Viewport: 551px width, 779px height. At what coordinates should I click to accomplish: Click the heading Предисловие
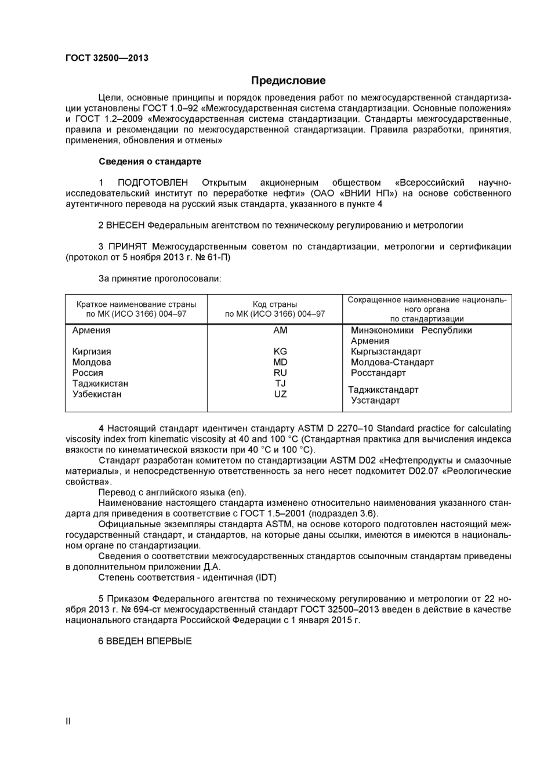[x=288, y=81]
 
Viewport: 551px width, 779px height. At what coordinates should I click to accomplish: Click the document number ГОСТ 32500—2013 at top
[x=107, y=58]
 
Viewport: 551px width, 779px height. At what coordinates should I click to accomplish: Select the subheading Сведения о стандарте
[x=150, y=161]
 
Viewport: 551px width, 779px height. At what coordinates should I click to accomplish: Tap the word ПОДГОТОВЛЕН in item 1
[x=153, y=183]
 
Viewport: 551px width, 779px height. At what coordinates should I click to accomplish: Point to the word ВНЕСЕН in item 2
[x=125, y=225]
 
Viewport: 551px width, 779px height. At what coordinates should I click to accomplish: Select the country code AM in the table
[x=280, y=330]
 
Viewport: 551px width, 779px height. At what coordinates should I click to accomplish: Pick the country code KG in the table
[x=280, y=352]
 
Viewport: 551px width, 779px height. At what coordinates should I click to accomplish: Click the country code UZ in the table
[x=280, y=394]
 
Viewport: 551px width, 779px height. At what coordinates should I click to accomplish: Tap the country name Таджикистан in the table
[x=100, y=383]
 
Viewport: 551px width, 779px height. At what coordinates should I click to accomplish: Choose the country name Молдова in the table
[x=92, y=362]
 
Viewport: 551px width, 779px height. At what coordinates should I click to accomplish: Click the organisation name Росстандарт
[x=378, y=372]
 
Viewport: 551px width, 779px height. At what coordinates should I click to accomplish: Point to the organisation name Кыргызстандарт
[x=386, y=352]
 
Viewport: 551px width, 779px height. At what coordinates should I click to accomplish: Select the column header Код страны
[x=275, y=304]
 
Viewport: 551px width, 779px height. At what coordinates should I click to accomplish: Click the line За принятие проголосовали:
[x=159, y=278]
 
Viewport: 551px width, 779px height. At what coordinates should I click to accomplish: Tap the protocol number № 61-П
[x=212, y=257]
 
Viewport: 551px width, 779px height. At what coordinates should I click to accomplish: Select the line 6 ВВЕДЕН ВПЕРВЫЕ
[x=145, y=641]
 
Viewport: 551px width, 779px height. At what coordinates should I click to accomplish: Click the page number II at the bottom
[x=68, y=722]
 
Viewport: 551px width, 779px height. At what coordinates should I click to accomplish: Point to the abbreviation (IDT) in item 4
[x=266, y=577]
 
